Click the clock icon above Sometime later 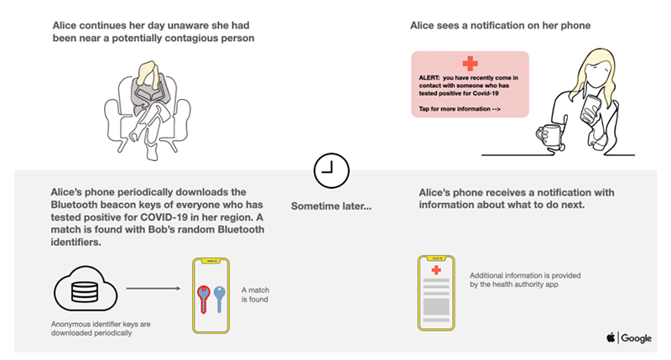[330, 170]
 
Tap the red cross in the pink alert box [470, 63]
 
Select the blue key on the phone [220, 297]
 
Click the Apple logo [610, 337]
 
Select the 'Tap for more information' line [460, 109]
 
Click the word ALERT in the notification [429, 77]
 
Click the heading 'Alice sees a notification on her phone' [500, 26]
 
